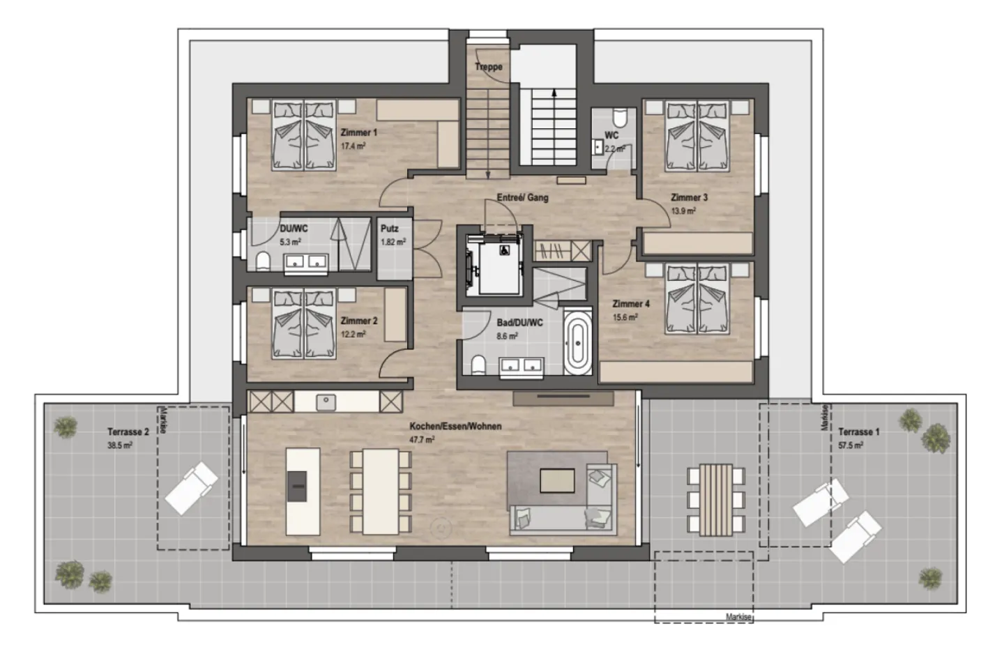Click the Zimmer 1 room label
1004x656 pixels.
tap(358, 132)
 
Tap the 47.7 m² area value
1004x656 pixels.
tap(422, 440)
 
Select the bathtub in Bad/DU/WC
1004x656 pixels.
tap(577, 343)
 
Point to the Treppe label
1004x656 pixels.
tap(489, 67)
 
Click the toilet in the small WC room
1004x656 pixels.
tap(621, 117)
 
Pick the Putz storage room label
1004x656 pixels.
tap(390, 229)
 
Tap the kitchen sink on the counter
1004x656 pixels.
tap(326, 402)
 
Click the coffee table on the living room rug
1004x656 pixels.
tap(557, 480)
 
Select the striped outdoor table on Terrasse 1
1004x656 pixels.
tap(716, 500)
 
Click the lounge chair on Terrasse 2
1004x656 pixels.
tap(191, 489)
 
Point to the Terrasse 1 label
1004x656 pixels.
tap(859, 432)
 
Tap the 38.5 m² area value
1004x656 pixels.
tap(120, 445)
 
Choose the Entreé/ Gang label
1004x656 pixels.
tap(523, 197)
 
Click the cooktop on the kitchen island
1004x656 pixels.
tap(297, 486)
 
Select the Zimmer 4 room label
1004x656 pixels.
tap(631, 304)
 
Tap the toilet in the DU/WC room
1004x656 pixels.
tap(263, 261)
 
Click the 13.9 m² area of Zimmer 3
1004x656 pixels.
tap(683, 211)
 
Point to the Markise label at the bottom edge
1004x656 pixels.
tap(738, 617)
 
